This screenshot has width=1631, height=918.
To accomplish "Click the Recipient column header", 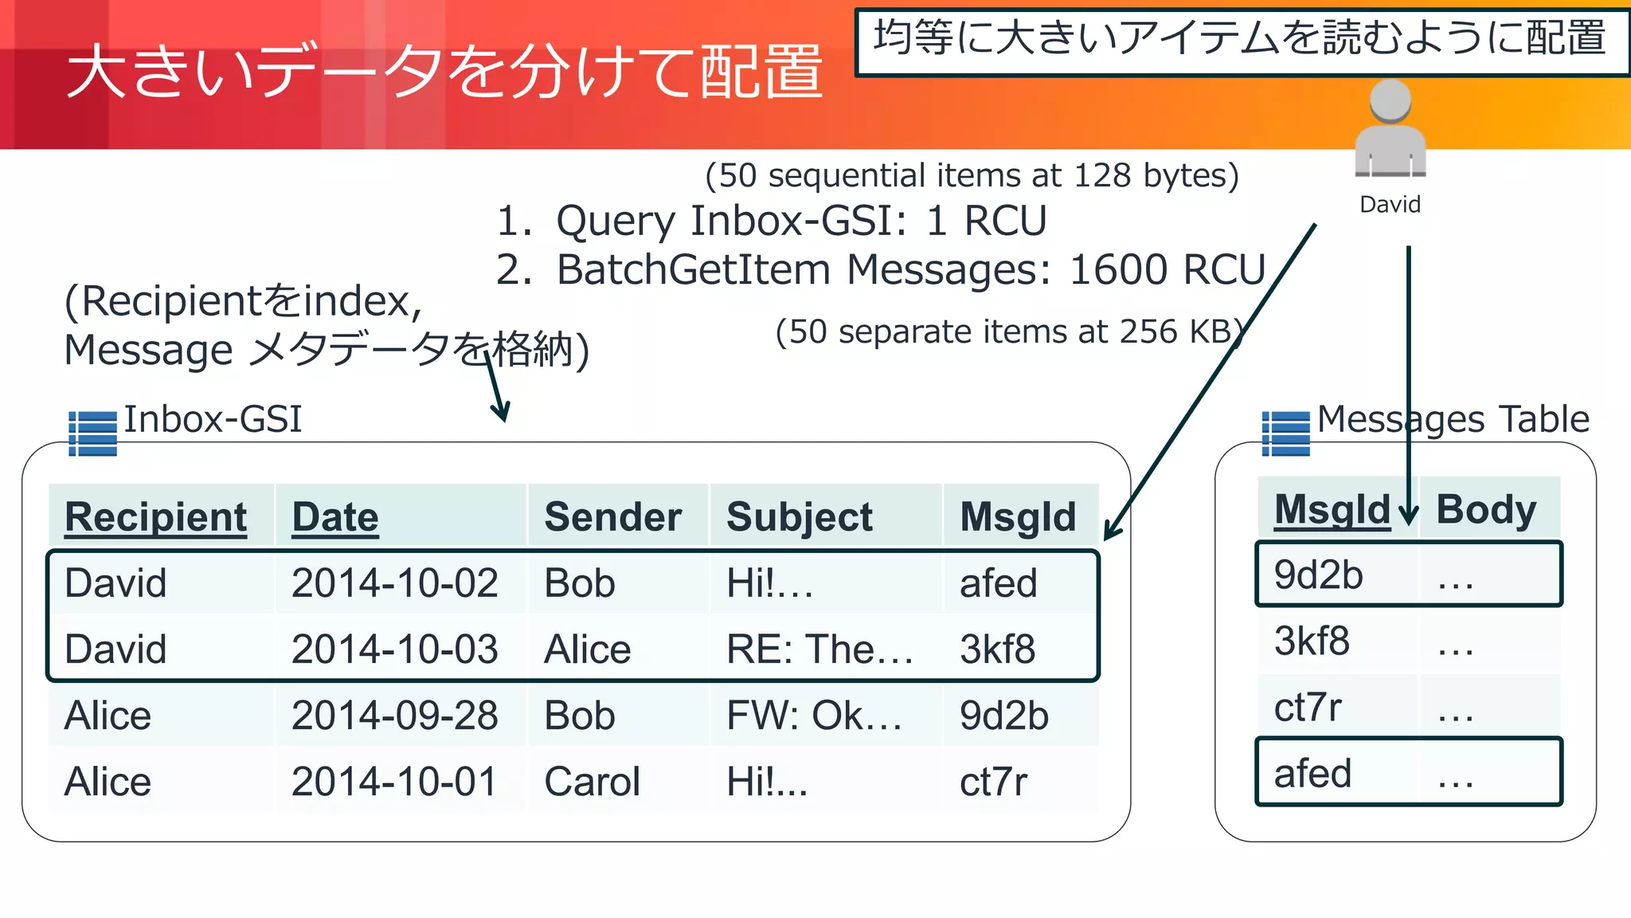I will (156, 517).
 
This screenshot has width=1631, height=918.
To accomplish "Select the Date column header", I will (335, 517).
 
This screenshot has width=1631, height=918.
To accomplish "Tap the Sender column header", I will (612, 517).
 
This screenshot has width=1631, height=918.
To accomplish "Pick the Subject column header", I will (800, 517).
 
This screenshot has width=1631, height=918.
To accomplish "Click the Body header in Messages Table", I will (1486, 509).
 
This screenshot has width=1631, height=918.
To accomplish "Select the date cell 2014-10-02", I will (394, 583).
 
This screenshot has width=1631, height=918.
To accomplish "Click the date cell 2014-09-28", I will (394, 716).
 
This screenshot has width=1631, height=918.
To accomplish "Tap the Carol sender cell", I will (592, 782).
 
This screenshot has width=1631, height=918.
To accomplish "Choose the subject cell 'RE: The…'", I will (819, 649).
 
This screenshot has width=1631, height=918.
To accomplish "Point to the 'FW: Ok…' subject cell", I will (814, 716).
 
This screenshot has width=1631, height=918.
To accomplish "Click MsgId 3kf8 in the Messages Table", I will (1312, 641).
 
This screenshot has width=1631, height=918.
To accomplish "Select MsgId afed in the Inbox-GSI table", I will (998, 583).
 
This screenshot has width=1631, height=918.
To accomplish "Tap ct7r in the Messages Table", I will (1308, 708).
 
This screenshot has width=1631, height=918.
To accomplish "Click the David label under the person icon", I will (1390, 205).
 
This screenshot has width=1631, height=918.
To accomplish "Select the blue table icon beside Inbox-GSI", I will (92, 433).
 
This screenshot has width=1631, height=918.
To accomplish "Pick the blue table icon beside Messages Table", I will (1285, 433).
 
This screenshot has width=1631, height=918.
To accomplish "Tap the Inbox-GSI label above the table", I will (213, 419).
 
